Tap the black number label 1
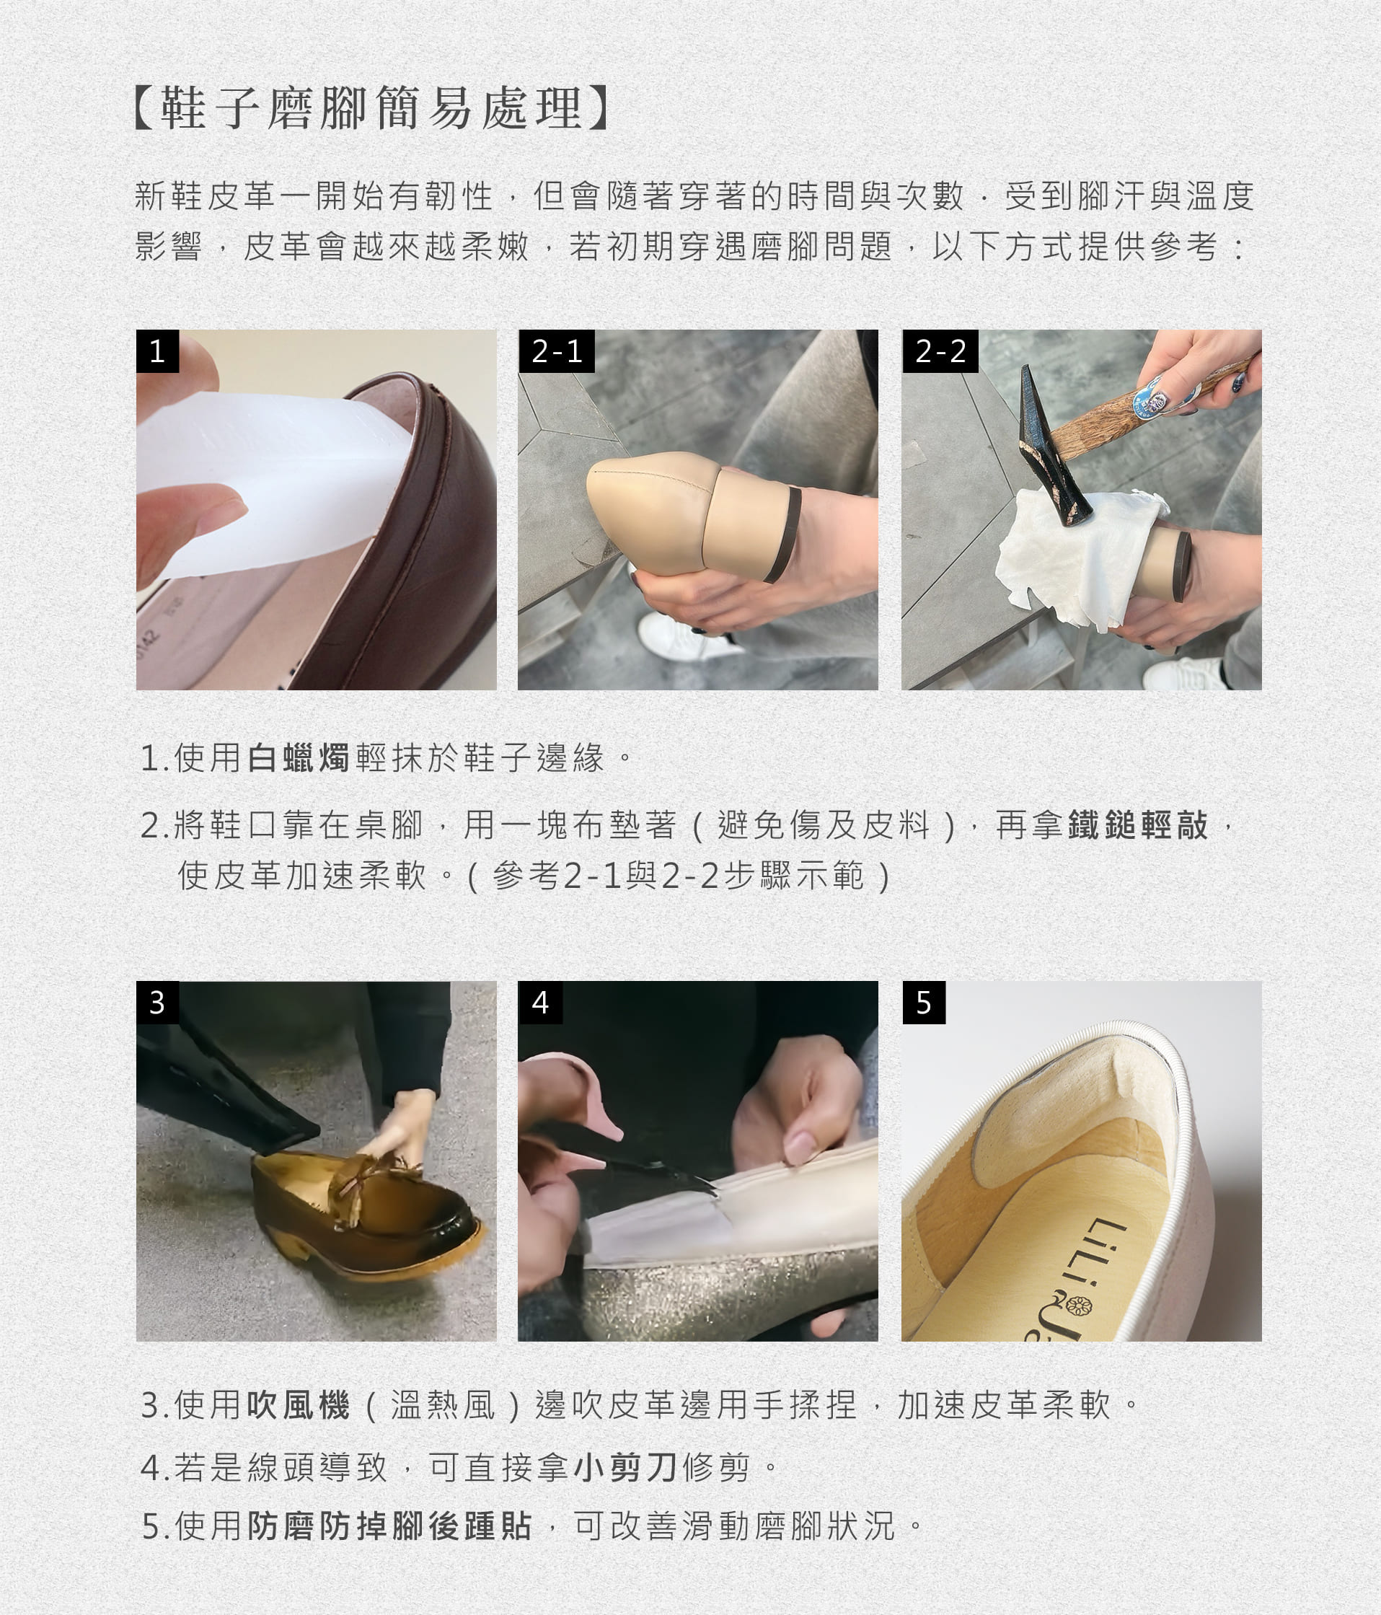[157, 351]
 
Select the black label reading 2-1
[557, 351]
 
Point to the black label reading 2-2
[940, 351]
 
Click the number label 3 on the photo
[157, 1003]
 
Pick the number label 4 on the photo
[540, 1003]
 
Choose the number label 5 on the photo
[924, 1003]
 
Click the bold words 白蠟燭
[299, 757]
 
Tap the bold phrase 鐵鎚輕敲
[1139, 824]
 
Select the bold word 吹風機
[299, 1405]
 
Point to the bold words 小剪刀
[625, 1468]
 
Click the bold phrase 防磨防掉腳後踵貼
[390, 1526]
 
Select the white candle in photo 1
[273, 483]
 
